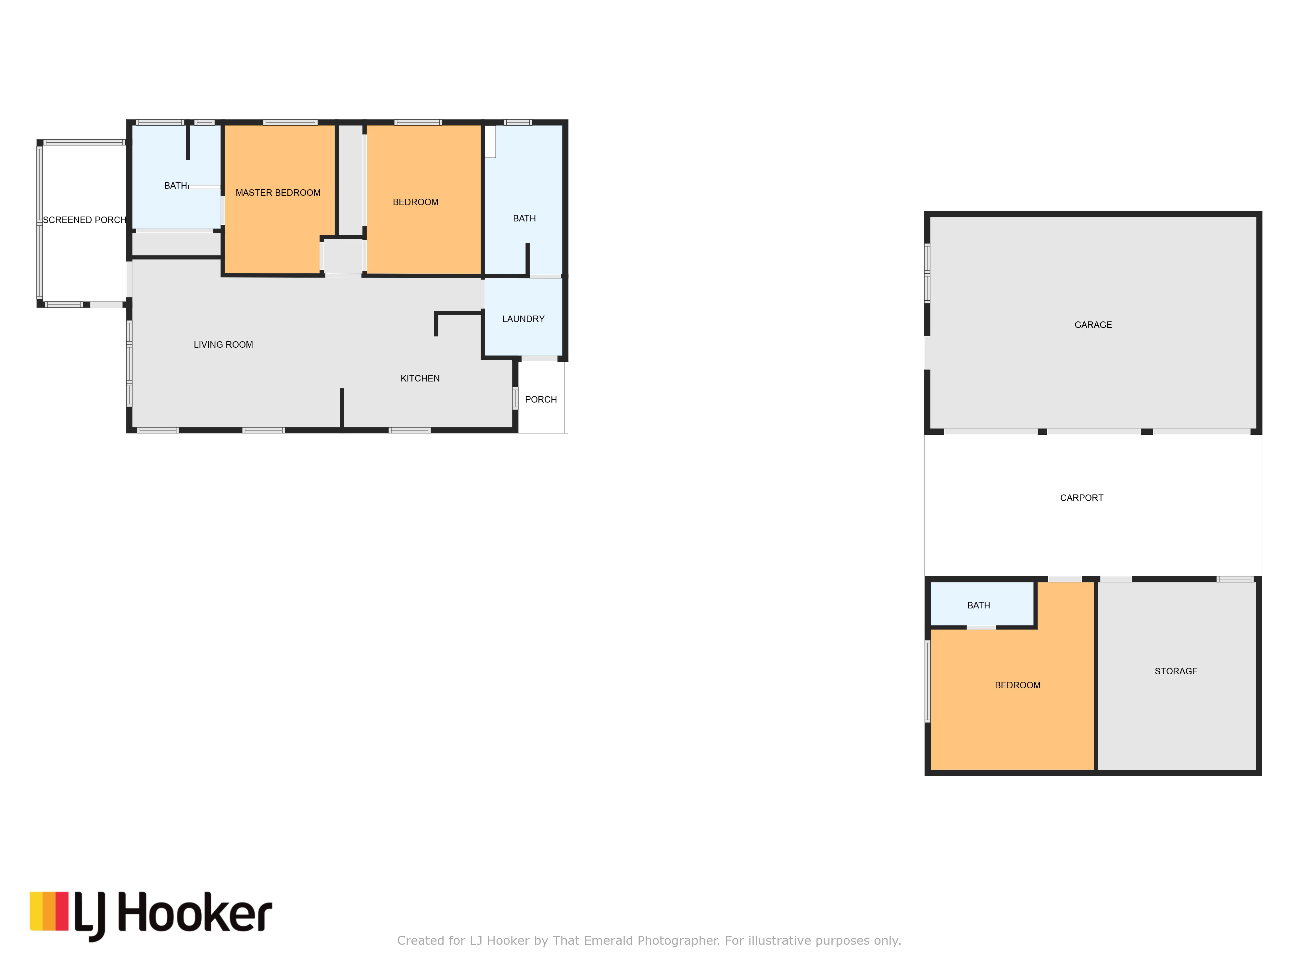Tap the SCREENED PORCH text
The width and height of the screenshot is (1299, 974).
(84, 219)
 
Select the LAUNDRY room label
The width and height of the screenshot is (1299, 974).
(523, 319)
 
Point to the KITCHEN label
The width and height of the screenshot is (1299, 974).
(420, 378)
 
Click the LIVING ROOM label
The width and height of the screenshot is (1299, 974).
(223, 344)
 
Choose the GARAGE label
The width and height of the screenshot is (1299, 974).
(1093, 325)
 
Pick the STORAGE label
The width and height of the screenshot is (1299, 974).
(1176, 671)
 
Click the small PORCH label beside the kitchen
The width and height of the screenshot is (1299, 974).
(541, 399)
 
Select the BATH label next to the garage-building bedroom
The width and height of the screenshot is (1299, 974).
(978, 605)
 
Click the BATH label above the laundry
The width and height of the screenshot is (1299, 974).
(524, 219)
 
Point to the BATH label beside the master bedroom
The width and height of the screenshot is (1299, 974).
(176, 185)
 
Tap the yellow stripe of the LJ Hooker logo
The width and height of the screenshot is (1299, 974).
(36, 911)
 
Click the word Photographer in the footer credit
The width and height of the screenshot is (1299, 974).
(678, 941)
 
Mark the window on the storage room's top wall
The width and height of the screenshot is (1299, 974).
(1234, 580)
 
